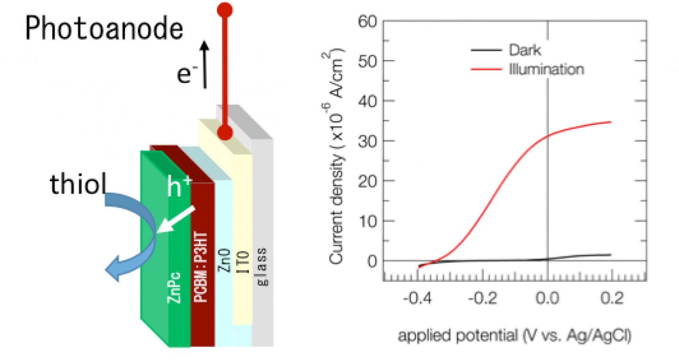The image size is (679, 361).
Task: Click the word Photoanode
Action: (x=104, y=29)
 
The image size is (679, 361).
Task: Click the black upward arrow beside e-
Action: (x=204, y=65)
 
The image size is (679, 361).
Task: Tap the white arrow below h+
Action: (x=175, y=220)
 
